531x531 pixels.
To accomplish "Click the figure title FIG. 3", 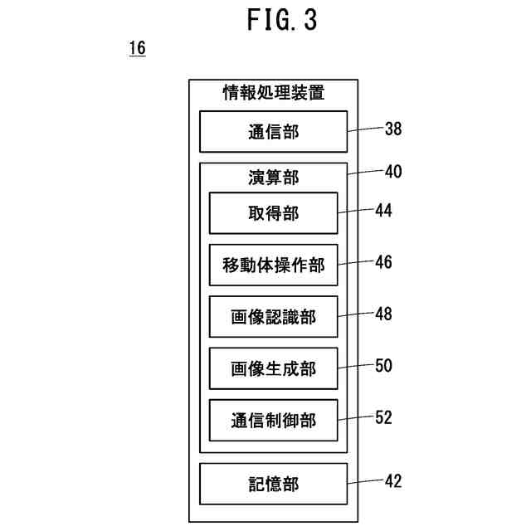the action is point(282,20).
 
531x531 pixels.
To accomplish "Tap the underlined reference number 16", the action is point(138,48).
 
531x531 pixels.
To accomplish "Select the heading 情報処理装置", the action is point(274,92).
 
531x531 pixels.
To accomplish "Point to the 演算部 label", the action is point(274,178).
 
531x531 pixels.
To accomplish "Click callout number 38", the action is point(393,129).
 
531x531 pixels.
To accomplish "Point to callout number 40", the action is point(393,172).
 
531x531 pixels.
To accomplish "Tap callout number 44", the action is point(383,210).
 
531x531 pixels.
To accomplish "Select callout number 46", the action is point(383,262).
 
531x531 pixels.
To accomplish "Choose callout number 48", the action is point(383,314).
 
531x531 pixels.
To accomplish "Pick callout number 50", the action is point(383,366).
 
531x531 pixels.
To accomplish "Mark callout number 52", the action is point(383,417).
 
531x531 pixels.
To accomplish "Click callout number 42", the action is point(393,481).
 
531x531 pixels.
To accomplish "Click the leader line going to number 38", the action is point(366,129).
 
